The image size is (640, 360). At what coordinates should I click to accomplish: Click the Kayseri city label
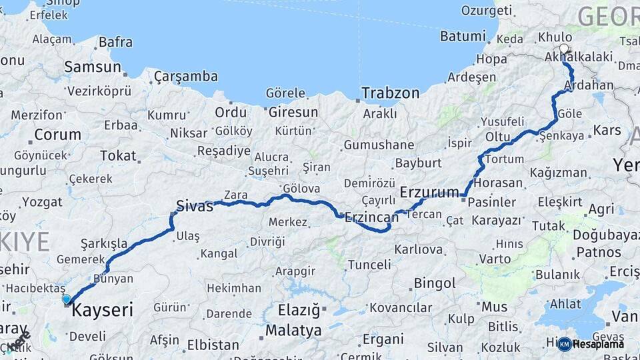pos(102,310)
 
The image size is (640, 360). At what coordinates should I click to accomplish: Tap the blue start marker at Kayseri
pos(66,299)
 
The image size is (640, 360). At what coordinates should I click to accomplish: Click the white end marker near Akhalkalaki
pos(565,49)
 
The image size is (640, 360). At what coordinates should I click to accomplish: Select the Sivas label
pos(194,206)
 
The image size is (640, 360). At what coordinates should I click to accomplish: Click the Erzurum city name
pos(430,193)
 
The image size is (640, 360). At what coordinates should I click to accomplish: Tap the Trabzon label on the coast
pos(391,93)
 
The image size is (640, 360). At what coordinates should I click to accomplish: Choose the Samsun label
pos(93,67)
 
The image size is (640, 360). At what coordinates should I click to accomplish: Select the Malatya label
pos(293,331)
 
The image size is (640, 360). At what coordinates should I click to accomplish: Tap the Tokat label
pos(118,156)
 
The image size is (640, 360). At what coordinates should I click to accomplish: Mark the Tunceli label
pos(369,265)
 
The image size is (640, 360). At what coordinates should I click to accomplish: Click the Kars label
pos(607,129)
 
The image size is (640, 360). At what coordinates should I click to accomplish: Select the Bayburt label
pos(419,163)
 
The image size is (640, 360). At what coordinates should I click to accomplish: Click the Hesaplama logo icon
pos(564,344)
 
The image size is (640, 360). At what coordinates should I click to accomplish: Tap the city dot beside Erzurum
pos(463,195)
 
